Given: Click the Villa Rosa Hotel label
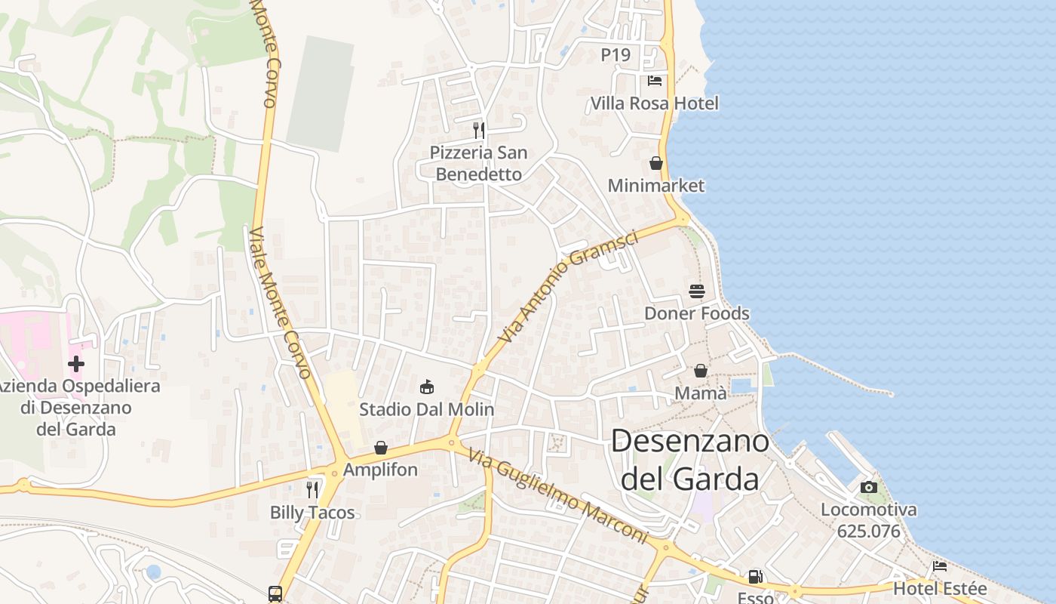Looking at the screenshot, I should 654,103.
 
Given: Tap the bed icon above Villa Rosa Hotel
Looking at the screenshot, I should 654,80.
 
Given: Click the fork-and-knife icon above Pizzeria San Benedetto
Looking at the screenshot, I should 478,130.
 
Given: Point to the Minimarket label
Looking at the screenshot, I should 655,186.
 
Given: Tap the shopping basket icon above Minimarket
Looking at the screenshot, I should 655,163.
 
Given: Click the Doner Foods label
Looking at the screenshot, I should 696,313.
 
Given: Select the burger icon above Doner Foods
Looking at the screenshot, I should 696,291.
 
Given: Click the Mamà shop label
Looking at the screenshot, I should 701,393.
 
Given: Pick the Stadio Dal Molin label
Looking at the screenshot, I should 426,410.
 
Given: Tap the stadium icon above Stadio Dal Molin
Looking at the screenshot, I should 427,387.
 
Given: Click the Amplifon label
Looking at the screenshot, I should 380,470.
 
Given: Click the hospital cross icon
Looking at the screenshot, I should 75,364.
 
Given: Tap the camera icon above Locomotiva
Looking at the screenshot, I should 869,487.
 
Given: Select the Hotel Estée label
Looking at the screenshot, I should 939,589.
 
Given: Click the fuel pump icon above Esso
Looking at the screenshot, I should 755,578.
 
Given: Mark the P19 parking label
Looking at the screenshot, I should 615,55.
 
